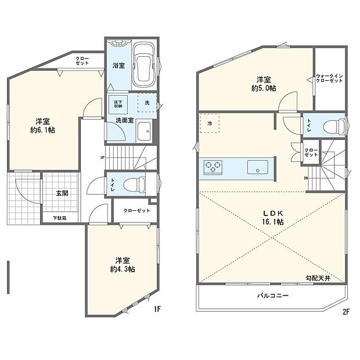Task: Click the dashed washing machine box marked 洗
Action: click(147, 102)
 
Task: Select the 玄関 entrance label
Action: click(62, 193)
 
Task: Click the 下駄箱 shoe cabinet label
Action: click(60, 218)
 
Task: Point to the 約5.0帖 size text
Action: click(264, 87)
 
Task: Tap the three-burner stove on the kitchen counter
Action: click(213, 167)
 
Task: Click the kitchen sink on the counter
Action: click(255, 167)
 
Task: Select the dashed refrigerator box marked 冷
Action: click(209, 124)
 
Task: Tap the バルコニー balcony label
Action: click(273, 295)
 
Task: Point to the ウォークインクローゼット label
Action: click(329, 78)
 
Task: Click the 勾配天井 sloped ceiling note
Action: click(319, 278)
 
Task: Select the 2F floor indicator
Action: click(345, 311)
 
